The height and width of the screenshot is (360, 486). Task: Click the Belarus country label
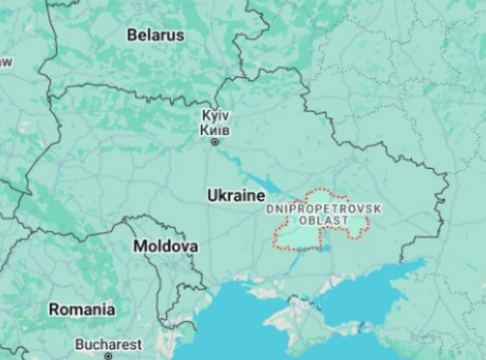pos(156,35)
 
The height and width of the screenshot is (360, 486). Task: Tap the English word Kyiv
pos(216,116)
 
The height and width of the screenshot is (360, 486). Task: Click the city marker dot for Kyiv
pos(214,142)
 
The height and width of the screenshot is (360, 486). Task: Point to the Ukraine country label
pos(236,196)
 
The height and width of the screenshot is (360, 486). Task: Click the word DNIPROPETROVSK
pos(324,209)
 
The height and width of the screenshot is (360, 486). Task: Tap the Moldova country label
pos(166,247)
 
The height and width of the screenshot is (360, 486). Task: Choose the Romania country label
pos(82,309)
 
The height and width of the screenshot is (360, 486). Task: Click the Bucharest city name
pos(109,345)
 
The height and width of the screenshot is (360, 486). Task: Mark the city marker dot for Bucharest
pos(108,356)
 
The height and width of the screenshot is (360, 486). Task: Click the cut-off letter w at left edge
pos(5,63)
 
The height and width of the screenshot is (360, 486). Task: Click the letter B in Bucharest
pos(79,345)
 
